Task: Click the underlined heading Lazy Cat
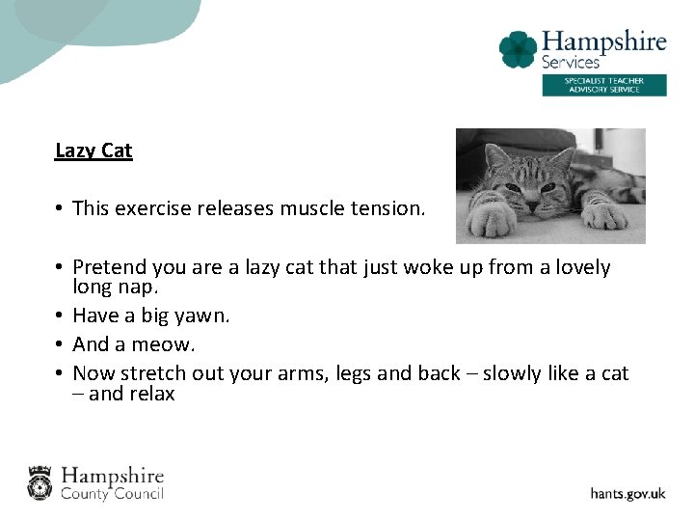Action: pos(93,151)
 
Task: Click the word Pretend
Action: pos(108,267)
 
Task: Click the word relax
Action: pos(147,394)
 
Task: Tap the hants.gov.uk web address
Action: pos(627,493)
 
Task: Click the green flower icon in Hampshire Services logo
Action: pos(518,49)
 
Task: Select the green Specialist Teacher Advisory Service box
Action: pos(603,85)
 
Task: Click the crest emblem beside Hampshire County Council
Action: pos(40,482)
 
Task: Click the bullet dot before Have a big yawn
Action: pos(60,315)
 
